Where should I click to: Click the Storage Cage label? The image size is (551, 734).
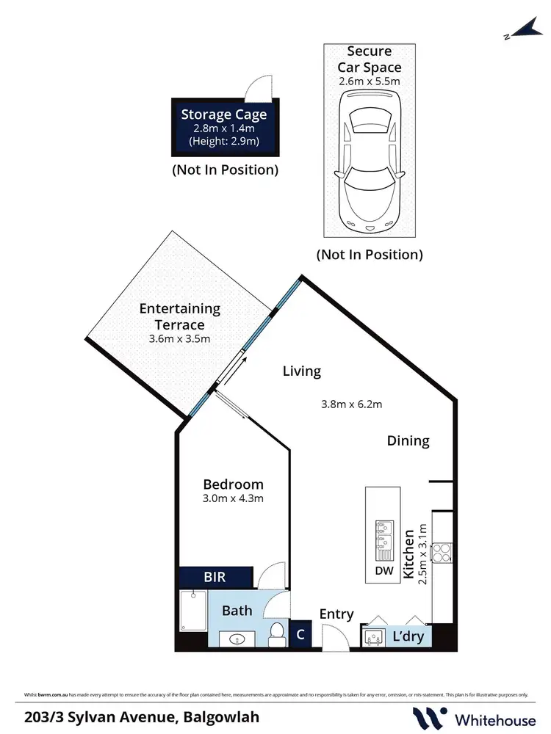point(224,114)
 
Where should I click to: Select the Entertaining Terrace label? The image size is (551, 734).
point(180,316)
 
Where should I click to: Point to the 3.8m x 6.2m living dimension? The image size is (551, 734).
point(352,404)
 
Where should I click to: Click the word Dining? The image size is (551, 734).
point(408,440)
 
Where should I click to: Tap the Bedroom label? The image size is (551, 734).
point(233,484)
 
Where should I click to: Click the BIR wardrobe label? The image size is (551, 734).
point(215,577)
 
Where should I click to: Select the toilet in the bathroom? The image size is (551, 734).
point(278,633)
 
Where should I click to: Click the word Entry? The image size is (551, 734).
point(336,614)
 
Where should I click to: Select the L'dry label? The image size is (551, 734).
point(408,636)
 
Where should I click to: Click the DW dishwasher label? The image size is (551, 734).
point(384,570)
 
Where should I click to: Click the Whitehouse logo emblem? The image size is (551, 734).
point(431,717)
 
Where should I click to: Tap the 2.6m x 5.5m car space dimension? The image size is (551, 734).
point(369,81)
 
